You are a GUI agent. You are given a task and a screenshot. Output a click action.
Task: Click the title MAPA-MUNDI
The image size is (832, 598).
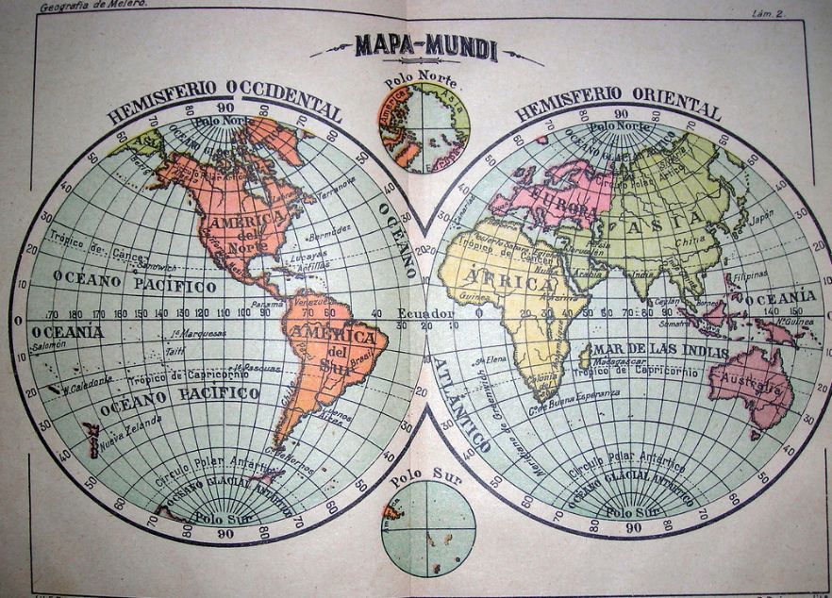[425, 46]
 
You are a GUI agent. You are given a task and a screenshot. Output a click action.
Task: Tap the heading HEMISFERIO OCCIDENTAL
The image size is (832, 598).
[224, 103]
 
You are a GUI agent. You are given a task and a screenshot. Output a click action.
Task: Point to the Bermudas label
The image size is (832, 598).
[329, 231]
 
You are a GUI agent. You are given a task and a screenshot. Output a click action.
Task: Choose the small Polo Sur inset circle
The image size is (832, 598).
[427, 528]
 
